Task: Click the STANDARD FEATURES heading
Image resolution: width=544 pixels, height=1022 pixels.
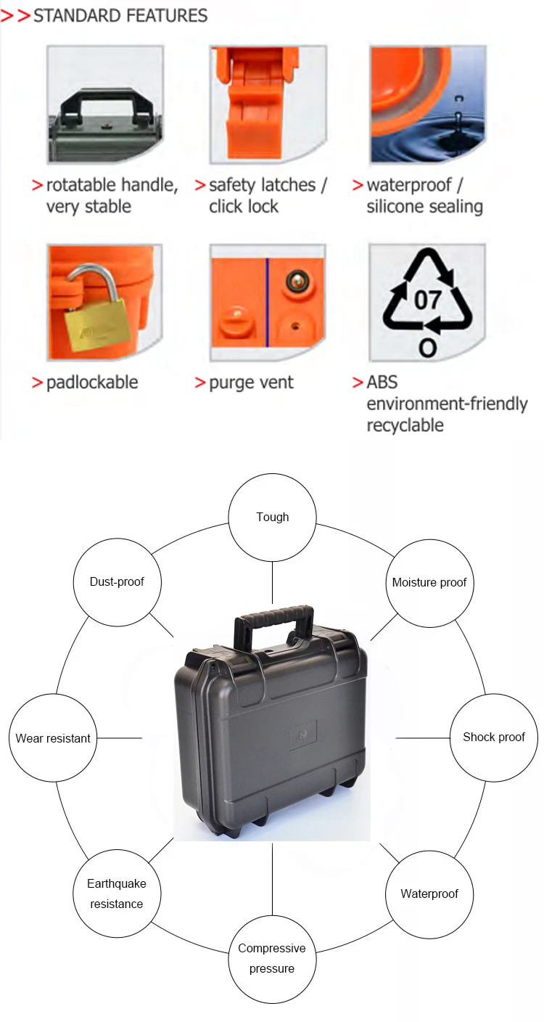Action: [x=120, y=15]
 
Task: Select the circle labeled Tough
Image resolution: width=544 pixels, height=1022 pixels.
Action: [x=273, y=517]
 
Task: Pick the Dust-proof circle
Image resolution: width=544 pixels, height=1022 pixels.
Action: [x=117, y=581]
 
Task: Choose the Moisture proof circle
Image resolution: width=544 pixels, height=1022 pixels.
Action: [x=429, y=582]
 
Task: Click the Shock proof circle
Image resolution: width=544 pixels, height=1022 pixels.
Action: [x=493, y=737]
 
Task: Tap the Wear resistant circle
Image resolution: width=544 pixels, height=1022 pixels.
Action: [x=53, y=738]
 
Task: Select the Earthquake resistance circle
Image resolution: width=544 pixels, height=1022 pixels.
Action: [x=116, y=894]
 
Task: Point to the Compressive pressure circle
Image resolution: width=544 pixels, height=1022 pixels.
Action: [x=272, y=958]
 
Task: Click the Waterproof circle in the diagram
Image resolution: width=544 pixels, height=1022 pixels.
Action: [x=429, y=894]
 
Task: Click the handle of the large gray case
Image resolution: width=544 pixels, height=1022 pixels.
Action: [x=273, y=619]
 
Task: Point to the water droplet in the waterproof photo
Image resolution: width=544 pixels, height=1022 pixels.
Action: [x=457, y=116]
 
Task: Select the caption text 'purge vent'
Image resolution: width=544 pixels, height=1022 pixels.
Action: [x=251, y=383]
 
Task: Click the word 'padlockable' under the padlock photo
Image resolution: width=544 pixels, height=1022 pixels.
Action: [x=92, y=383]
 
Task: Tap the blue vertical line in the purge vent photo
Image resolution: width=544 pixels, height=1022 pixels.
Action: [x=267, y=302]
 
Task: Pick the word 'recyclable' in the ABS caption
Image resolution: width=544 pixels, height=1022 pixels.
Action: [x=405, y=425]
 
